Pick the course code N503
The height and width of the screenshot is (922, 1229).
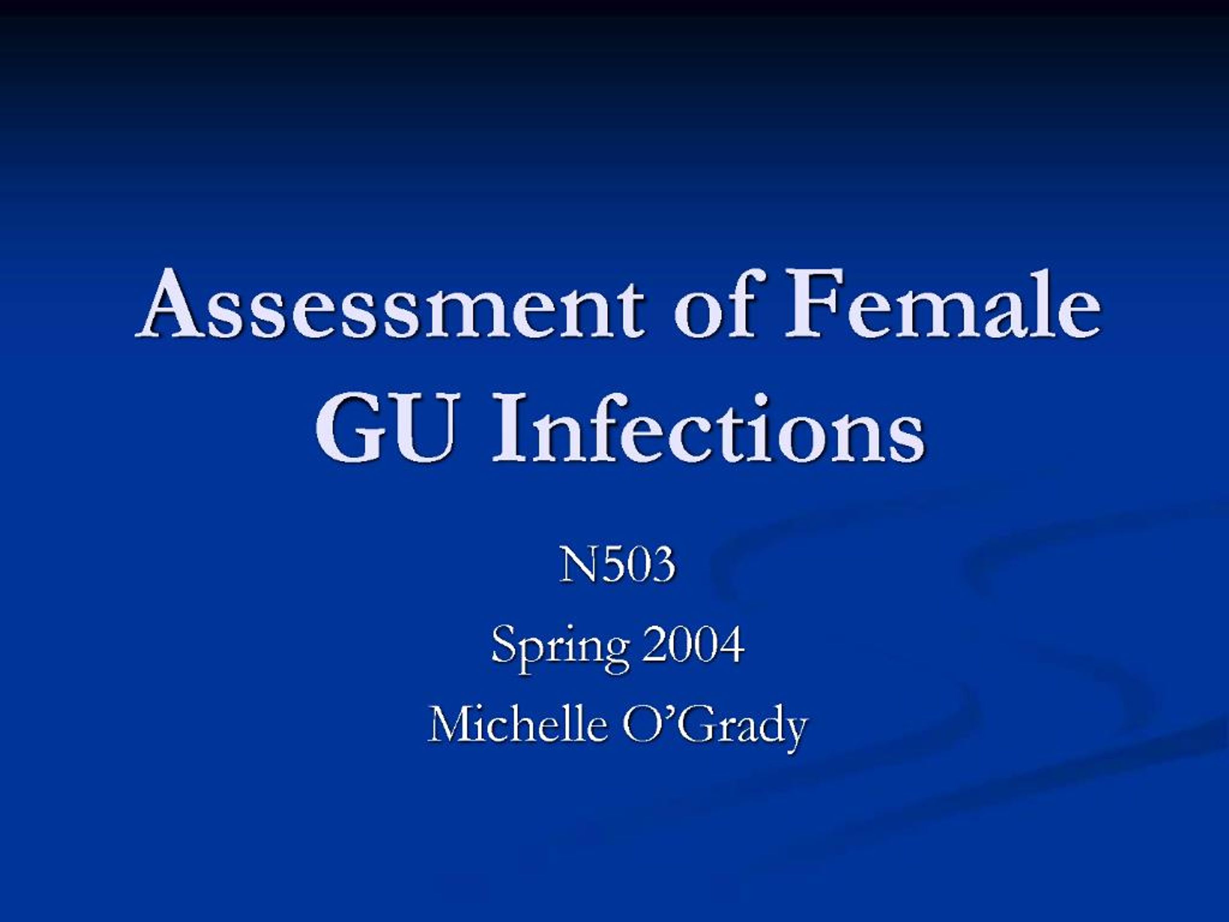tap(617, 565)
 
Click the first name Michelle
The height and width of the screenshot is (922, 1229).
tap(517, 725)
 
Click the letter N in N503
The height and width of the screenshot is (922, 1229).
tap(576, 565)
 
